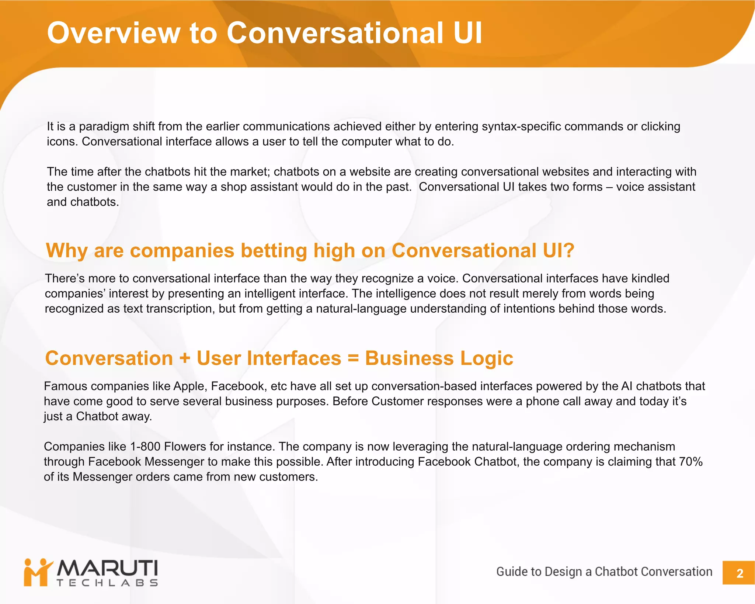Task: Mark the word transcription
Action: tap(180, 309)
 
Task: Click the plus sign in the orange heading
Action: tap(185, 358)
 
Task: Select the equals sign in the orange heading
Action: tap(353, 358)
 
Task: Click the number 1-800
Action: tap(145, 447)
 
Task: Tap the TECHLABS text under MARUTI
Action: tap(107, 583)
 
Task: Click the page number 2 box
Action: tap(739, 573)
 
